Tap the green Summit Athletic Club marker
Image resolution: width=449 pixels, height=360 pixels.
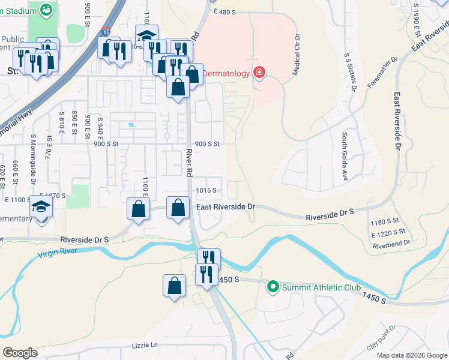click(274, 287)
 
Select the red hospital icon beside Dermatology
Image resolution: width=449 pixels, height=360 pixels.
click(259, 73)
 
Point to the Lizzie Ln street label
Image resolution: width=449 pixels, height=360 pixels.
click(145, 346)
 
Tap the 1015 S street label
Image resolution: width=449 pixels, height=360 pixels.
click(206, 190)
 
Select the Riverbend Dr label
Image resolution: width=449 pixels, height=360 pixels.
click(391, 243)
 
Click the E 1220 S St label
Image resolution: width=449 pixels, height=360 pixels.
click(388, 232)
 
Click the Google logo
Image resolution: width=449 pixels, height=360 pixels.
click(20, 353)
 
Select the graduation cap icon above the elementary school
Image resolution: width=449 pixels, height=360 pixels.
click(41, 207)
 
